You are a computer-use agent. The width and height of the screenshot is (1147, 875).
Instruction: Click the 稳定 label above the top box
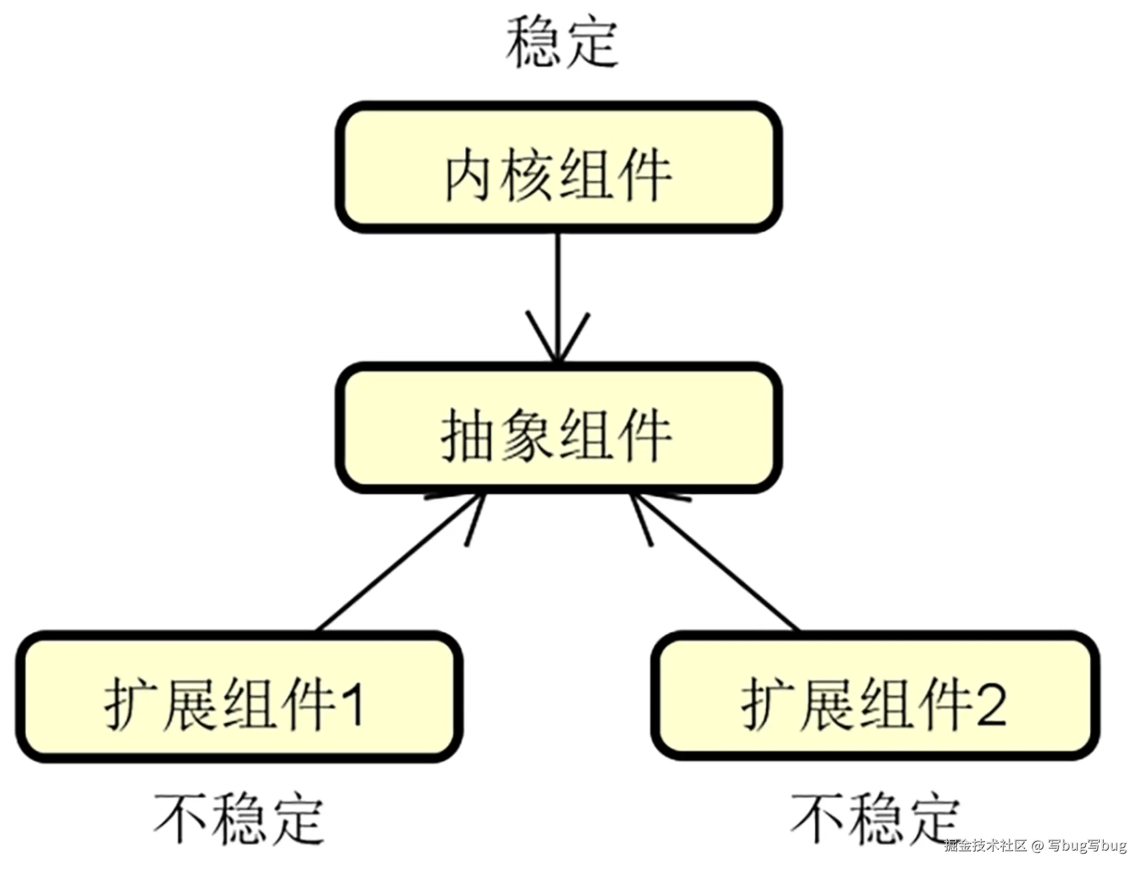[561, 43]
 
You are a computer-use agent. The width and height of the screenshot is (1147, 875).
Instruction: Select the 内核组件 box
[558, 167]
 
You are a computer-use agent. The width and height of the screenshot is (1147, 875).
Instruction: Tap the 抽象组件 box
[558, 429]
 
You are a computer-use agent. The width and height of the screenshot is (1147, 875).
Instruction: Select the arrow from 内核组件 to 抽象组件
[558, 289]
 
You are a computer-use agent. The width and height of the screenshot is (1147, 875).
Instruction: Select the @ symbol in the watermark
[1037, 846]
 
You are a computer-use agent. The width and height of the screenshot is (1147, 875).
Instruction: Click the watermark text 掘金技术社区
[985, 846]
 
